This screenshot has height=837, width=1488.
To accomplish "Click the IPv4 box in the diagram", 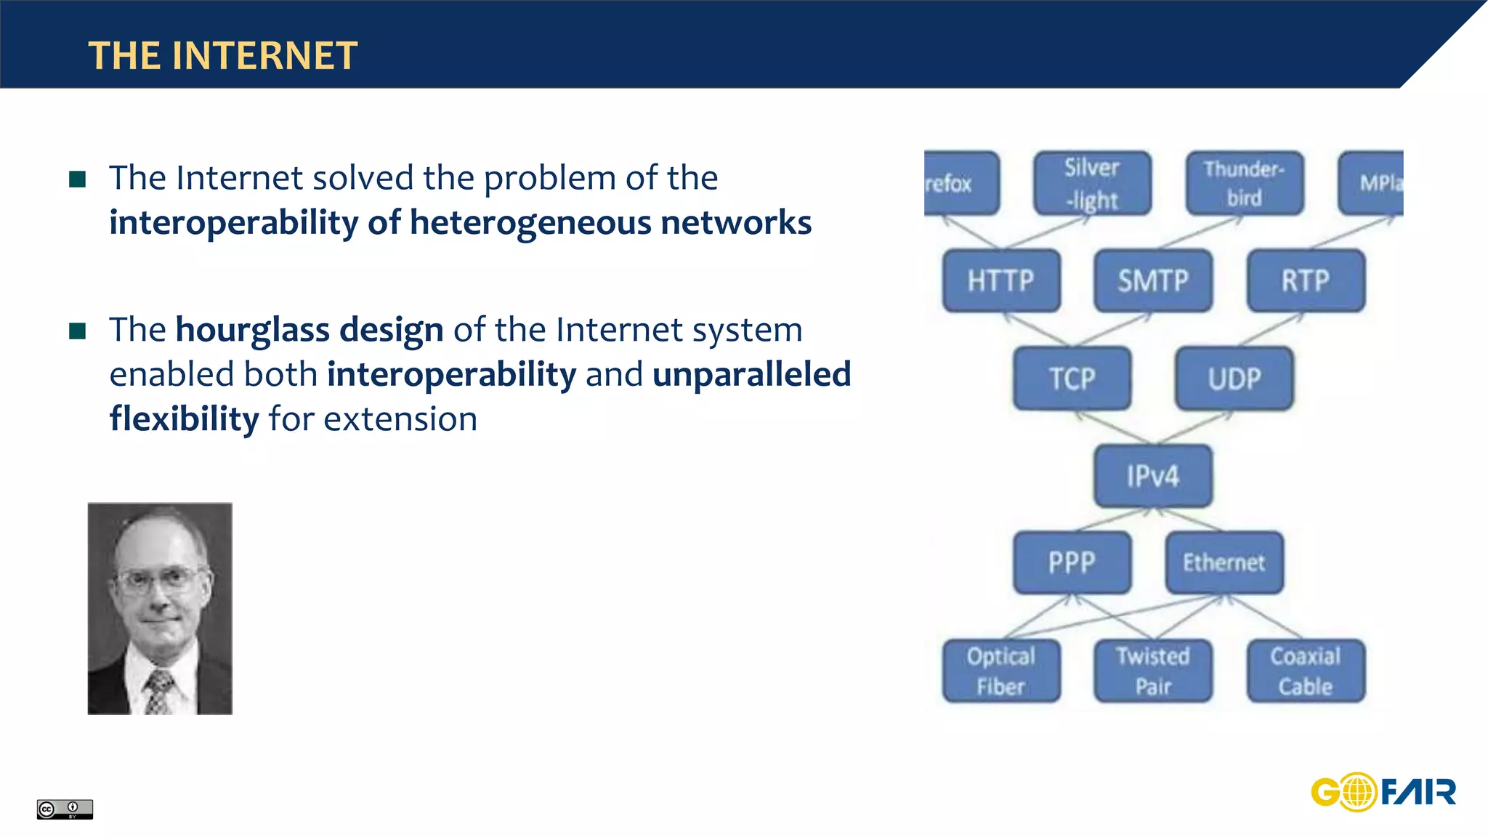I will tap(1153, 476).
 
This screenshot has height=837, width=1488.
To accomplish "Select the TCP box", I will tap(1072, 379).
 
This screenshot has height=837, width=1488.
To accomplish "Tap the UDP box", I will tap(1234, 379).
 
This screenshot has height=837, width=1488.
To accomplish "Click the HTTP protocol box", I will tap(1000, 280).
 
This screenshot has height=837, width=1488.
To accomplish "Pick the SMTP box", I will tap(1153, 280).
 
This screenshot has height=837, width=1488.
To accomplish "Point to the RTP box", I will tap(1306, 280).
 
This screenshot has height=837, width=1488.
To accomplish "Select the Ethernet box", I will tap(1224, 562).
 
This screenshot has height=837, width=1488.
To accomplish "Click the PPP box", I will tap(1072, 562).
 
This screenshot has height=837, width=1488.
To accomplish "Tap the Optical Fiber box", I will tap(1000, 671).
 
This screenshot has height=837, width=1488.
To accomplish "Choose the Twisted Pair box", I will tap(1153, 671).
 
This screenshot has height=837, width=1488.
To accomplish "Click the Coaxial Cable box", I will tap(1306, 671).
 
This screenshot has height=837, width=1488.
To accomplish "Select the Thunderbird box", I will tap(1244, 183).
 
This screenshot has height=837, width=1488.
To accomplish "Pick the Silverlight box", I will tap(1092, 183).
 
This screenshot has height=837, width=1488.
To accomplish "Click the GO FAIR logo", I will tap(1383, 791).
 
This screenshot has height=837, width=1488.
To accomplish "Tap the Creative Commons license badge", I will tap(65, 809).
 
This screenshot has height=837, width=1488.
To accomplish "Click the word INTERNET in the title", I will tap(265, 56).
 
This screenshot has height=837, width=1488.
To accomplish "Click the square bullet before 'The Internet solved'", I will tap(78, 179).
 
